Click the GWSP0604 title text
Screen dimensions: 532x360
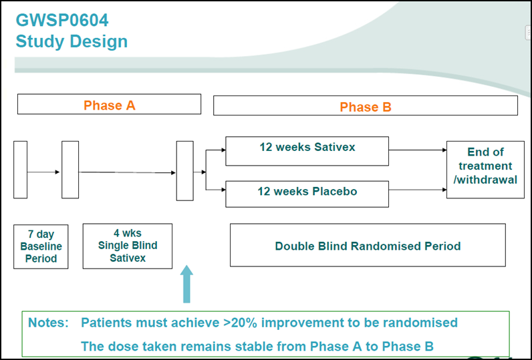pyautogui.click(x=62, y=20)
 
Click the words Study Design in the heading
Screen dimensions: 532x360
pyautogui.click(x=72, y=41)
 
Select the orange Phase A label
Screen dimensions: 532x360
pyautogui.click(x=109, y=106)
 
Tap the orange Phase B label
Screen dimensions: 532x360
pyautogui.click(x=366, y=107)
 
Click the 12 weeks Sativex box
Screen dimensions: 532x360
pyautogui.click(x=307, y=151)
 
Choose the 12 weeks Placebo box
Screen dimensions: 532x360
pyautogui.click(x=307, y=194)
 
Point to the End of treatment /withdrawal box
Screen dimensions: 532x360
pyautogui.click(x=485, y=170)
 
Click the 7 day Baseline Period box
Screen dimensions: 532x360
pyautogui.click(x=41, y=246)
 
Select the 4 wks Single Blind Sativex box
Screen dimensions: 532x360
pyautogui.click(x=128, y=246)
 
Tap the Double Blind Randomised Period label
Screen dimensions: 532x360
pyautogui.click(x=368, y=246)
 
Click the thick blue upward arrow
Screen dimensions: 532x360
pyautogui.click(x=186, y=284)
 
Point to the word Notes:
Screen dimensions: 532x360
pyautogui.click(x=48, y=323)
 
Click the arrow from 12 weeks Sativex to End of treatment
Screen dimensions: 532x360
pyautogui.click(x=418, y=150)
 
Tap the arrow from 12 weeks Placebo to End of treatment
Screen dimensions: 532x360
pyautogui.click(x=418, y=190)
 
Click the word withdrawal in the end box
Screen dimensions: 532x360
pyautogui.click(x=487, y=180)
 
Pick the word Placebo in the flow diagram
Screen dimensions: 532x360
pyautogui.click(x=335, y=191)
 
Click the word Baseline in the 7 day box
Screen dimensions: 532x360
pyautogui.click(x=41, y=246)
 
